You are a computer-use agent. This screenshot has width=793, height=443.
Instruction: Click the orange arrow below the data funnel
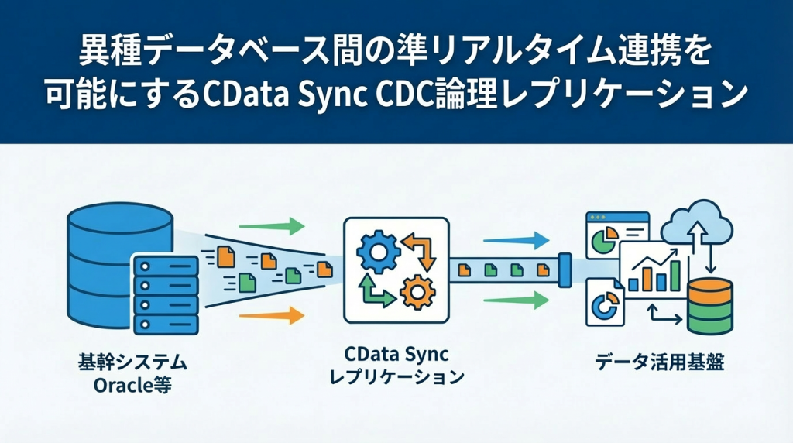(271, 315)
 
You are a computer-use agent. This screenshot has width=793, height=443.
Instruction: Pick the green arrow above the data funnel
(271, 227)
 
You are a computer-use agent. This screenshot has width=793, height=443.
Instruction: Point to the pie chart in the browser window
(600, 242)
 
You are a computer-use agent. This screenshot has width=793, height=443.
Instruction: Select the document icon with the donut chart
(601, 304)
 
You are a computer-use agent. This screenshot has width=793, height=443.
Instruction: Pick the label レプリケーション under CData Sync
(396, 378)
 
